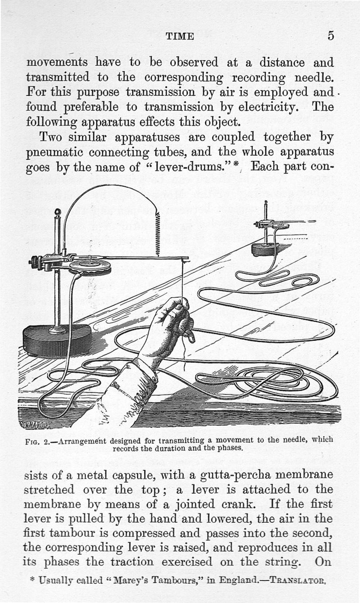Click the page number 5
click(x=331, y=36)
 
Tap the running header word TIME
click(x=180, y=36)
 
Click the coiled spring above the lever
click(x=158, y=234)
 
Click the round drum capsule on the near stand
click(x=90, y=266)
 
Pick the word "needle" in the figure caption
click(x=295, y=440)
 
